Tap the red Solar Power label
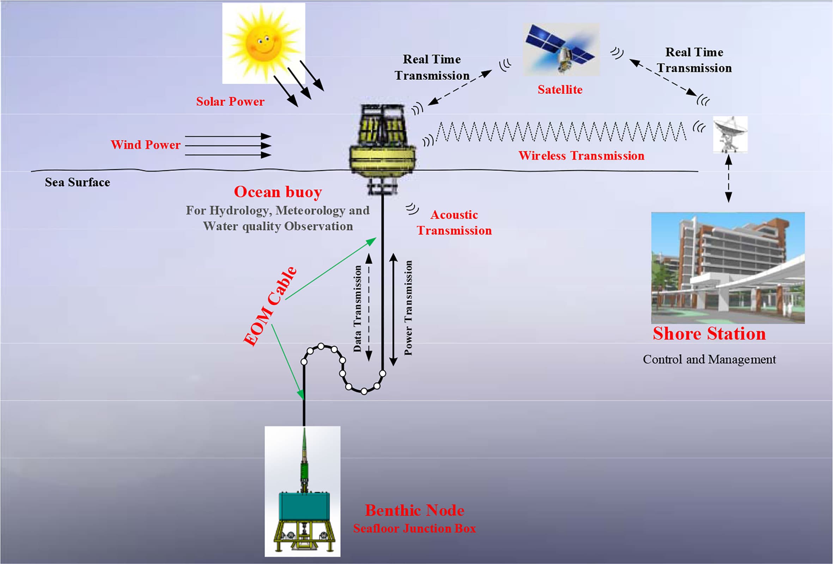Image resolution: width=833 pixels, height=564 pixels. pos(230,102)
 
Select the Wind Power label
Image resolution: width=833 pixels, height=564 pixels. pos(146,145)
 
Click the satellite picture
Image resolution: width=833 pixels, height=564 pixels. pos(561,49)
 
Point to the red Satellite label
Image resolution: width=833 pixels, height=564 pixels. pos(560,89)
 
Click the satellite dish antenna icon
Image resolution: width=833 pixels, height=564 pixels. pos(730,134)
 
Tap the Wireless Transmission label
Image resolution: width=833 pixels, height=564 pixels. pos(582,156)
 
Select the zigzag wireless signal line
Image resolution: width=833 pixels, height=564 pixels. pos(561,132)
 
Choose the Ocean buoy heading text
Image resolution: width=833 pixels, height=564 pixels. pos(278,192)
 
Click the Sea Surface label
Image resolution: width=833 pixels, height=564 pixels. pos(78,182)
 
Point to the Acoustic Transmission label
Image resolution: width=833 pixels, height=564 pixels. pos(454,222)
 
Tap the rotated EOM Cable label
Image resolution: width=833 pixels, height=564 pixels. pos(270,307)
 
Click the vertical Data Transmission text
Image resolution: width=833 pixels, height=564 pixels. pos(357,308)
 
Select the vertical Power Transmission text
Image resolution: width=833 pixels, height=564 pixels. pos(408,308)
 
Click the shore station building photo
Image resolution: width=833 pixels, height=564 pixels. pos(728,268)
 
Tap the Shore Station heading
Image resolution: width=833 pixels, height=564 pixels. pos(709,334)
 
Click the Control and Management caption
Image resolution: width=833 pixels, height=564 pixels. pos(709,359)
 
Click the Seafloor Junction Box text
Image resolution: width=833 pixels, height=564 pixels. pos(414,528)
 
